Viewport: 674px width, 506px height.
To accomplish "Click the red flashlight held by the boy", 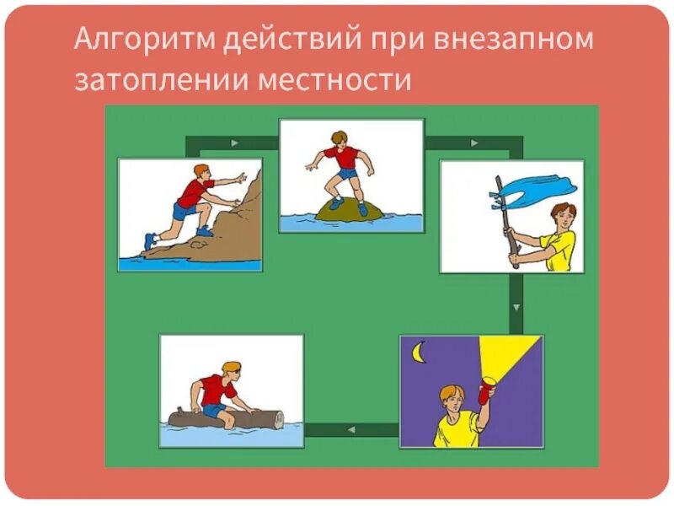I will coord(484,393).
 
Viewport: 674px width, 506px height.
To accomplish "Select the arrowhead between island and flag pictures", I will coord(475,143).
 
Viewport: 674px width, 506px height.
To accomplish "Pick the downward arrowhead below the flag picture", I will coord(516,304).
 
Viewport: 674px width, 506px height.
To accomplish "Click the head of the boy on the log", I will coord(231,371).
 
